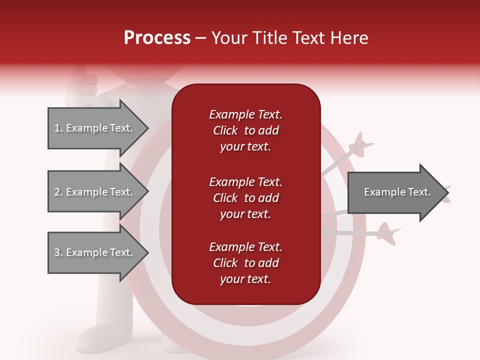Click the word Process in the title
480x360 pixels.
[157, 38]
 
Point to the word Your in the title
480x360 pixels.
[228, 38]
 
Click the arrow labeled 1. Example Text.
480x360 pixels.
[95, 128]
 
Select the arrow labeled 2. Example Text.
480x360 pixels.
[95, 192]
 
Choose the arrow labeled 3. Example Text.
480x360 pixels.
[95, 252]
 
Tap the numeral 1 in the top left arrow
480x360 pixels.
[57, 128]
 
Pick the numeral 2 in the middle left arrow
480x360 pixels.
[57, 192]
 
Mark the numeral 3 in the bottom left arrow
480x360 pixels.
[57, 253]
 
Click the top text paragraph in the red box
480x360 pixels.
[245, 130]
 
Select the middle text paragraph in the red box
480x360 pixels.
[245, 198]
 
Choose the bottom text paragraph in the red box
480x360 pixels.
[245, 263]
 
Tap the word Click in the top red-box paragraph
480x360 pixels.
[225, 131]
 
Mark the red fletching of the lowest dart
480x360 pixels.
[386, 232]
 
